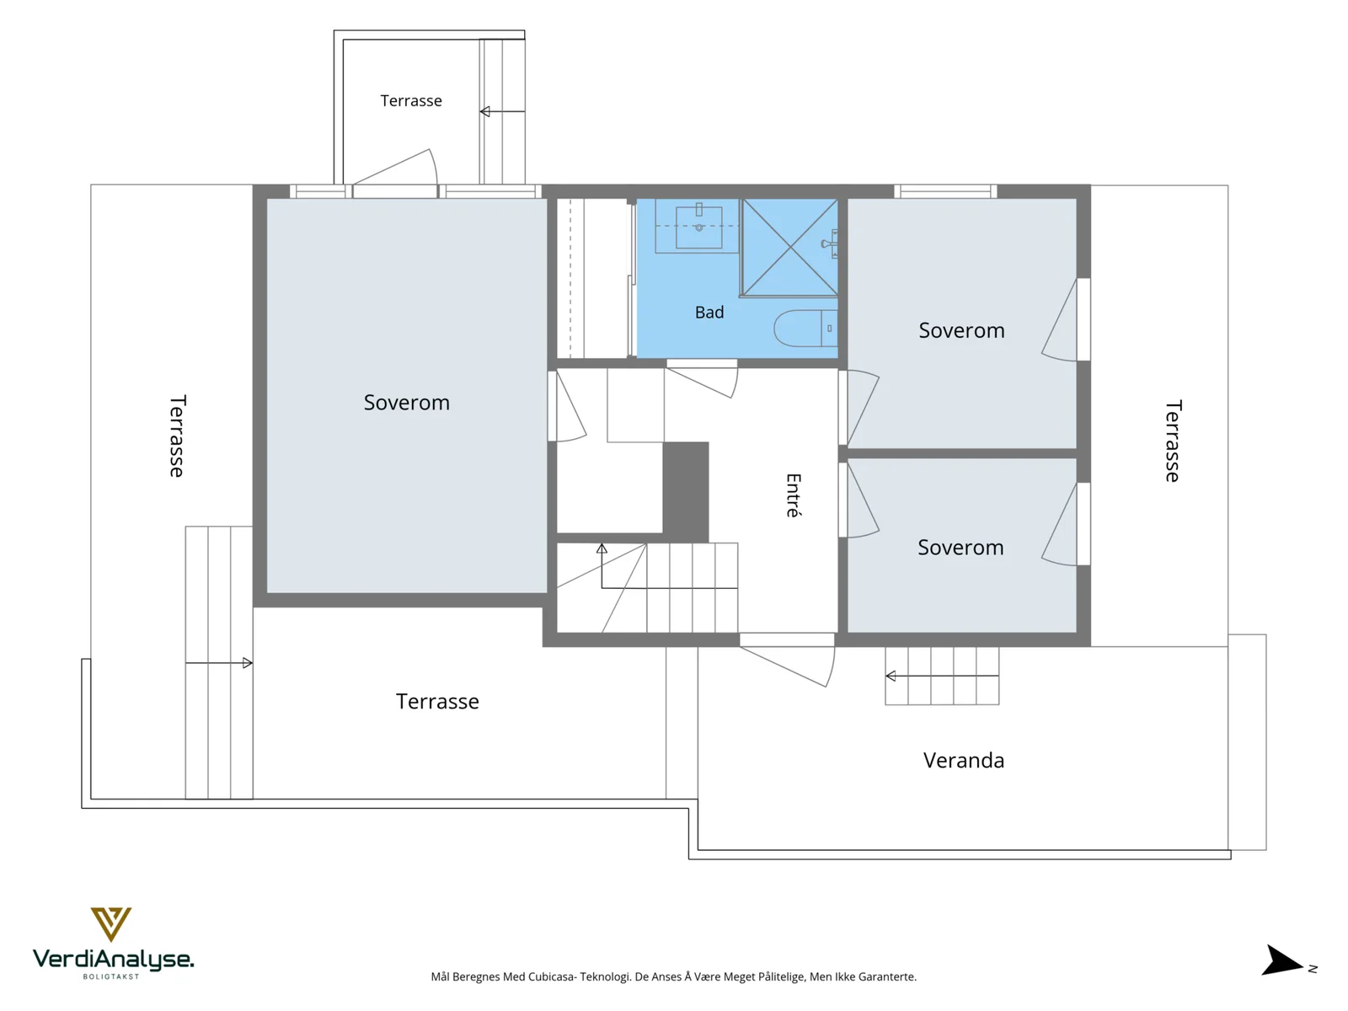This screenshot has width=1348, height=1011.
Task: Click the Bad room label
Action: point(709,313)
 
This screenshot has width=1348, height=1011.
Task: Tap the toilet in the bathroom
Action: point(805,329)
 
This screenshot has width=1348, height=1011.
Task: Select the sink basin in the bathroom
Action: point(699,227)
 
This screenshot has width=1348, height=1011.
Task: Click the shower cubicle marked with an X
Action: point(789,248)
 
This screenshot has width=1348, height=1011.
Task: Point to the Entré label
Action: point(794,495)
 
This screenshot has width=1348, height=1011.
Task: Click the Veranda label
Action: point(964,761)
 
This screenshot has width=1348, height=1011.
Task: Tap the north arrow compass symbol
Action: point(1281,960)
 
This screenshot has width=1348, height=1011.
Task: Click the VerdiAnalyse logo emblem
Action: point(111,924)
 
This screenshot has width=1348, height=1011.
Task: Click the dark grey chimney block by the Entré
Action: point(685,492)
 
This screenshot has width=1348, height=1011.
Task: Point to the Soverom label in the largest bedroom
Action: point(407,403)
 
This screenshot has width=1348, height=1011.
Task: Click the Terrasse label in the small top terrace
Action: point(411,100)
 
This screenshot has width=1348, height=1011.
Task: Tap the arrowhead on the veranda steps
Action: point(891,676)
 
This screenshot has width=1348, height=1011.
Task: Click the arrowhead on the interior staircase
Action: point(602,548)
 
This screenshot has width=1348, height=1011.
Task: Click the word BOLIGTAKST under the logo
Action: point(111,976)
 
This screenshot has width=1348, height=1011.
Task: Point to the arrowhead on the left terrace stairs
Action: point(248,663)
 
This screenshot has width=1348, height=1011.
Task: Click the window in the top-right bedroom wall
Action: point(946,191)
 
